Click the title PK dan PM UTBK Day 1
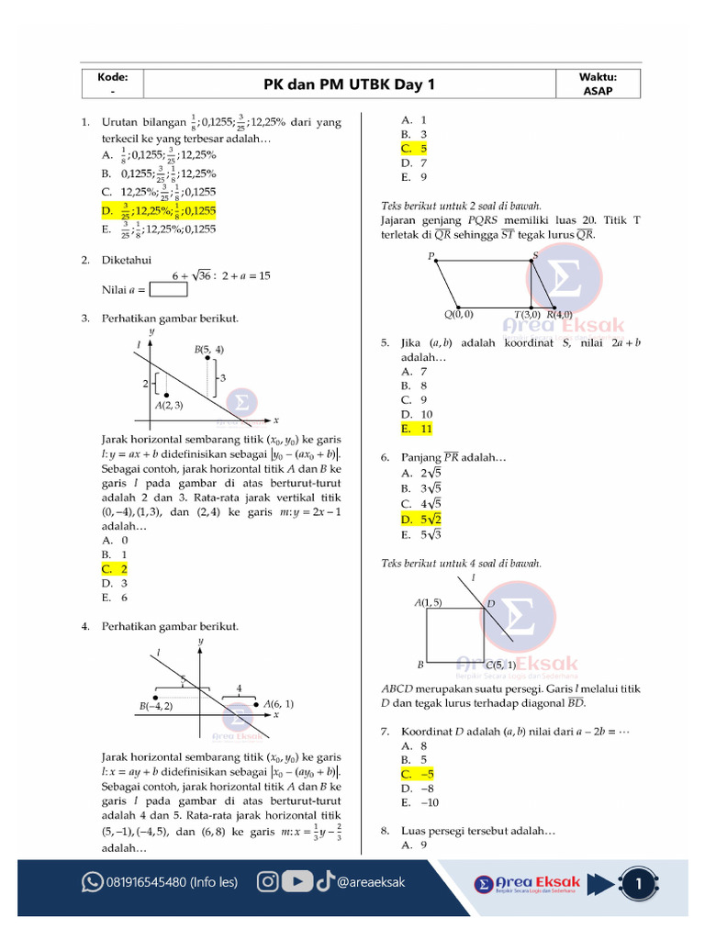[350, 84]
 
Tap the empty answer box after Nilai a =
[168, 290]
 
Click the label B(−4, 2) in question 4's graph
[156, 706]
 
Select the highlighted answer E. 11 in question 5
[417, 429]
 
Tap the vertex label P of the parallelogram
[430, 256]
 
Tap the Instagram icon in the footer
[268, 882]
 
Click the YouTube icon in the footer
[297, 882]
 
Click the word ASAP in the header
[599, 91]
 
